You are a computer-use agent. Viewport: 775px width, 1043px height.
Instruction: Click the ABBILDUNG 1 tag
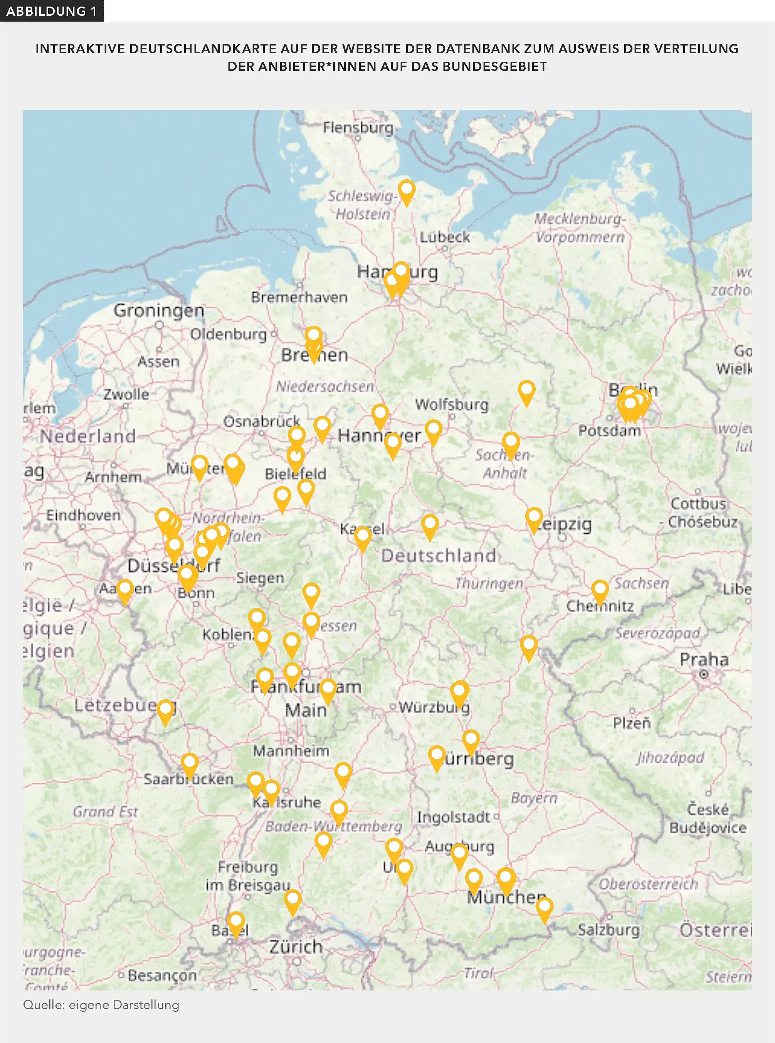pos(52,11)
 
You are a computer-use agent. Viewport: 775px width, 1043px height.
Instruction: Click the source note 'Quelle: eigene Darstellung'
pos(101,1004)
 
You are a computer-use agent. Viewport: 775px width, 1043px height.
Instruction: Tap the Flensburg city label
pos(358,128)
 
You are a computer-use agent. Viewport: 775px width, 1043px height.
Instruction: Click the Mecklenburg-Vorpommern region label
pos(580,227)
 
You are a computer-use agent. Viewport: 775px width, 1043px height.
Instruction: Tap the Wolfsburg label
pos(451,404)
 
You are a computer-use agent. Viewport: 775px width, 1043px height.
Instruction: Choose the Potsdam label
pos(609,430)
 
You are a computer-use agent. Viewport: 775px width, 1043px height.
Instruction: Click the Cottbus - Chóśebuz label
pos(699,512)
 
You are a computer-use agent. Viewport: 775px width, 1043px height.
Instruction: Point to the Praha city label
pos(704,659)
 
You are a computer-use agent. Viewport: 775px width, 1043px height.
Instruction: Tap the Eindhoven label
pos(83,515)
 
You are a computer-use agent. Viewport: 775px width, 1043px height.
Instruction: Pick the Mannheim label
pos(291,751)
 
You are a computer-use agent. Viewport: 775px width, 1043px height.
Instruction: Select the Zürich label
pos(296,946)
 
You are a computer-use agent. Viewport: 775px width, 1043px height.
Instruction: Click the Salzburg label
pos(609,929)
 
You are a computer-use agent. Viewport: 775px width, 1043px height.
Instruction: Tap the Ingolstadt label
pos(453,817)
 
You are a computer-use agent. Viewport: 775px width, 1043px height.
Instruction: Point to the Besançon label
pos(162,976)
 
